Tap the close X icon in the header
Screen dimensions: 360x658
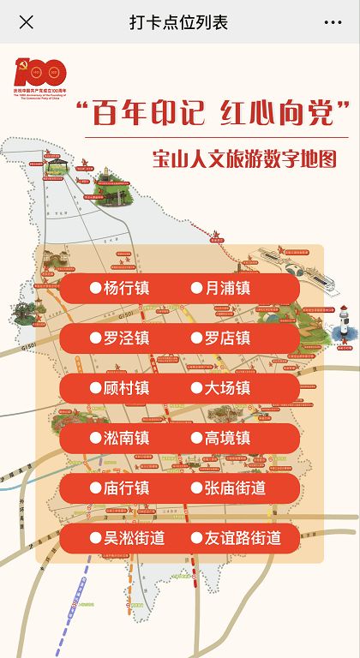(x=27, y=22)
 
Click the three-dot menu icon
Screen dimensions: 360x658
(x=333, y=22)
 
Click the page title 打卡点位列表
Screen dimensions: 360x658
(x=179, y=22)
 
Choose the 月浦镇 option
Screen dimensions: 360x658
(x=226, y=288)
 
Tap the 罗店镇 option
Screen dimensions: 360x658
(x=226, y=338)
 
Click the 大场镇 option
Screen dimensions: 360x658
(x=226, y=388)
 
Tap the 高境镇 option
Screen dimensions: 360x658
(x=226, y=438)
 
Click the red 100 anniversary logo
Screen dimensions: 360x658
(x=40, y=77)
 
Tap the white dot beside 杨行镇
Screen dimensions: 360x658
(x=95, y=288)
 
